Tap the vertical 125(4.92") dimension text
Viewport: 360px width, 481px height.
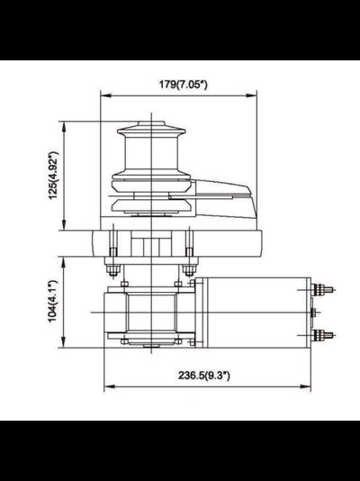53,175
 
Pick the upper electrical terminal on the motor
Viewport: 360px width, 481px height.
322,290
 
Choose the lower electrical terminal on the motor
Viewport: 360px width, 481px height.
322,334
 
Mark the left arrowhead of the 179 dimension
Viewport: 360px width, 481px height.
102,95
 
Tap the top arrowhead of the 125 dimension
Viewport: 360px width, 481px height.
62,127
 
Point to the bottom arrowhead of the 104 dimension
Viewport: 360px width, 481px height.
62,346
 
